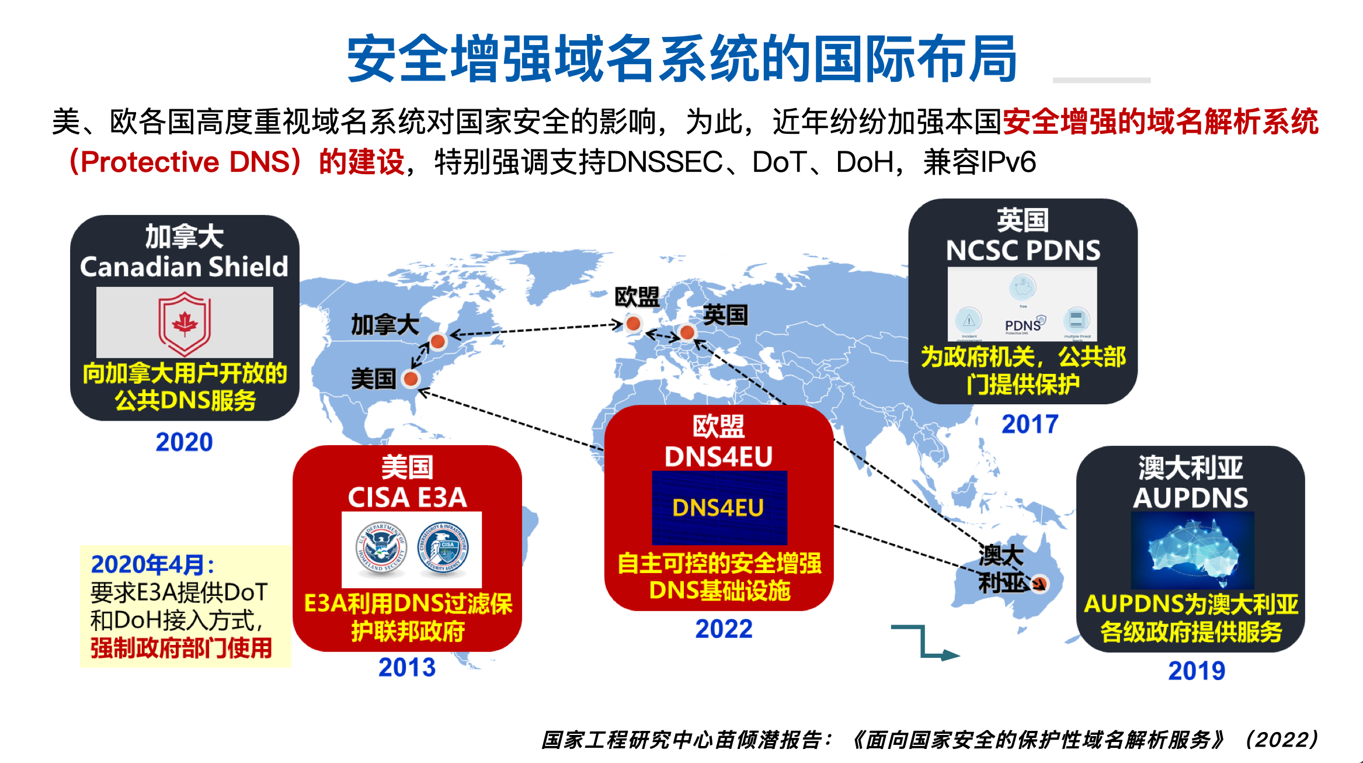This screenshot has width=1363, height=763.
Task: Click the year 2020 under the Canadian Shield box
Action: click(184, 442)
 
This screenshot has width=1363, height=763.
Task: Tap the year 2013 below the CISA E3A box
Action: click(407, 667)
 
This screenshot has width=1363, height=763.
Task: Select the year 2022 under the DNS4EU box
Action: click(724, 629)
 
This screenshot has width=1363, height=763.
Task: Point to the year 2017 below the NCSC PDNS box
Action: click(1030, 424)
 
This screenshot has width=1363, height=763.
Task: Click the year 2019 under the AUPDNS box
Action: click(1197, 671)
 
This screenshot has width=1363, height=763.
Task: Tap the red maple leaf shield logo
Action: click(185, 323)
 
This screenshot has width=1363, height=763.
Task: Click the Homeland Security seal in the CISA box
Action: click(381, 549)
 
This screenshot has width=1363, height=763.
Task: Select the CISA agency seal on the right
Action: click(443, 549)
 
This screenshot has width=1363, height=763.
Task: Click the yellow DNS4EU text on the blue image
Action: click(718, 508)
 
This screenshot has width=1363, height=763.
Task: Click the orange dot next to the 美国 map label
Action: click(411, 379)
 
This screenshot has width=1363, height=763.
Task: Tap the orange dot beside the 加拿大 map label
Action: click(437, 341)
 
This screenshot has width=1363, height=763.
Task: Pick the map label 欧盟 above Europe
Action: click(637, 297)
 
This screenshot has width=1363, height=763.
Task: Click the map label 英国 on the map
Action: click(725, 315)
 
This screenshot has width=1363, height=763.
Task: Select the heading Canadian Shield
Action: click(184, 266)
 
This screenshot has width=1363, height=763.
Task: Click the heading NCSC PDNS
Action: click(1023, 251)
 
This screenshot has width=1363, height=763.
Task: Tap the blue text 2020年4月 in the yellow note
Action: click(152, 564)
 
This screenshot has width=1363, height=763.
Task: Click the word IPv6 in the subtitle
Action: click(1008, 162)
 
